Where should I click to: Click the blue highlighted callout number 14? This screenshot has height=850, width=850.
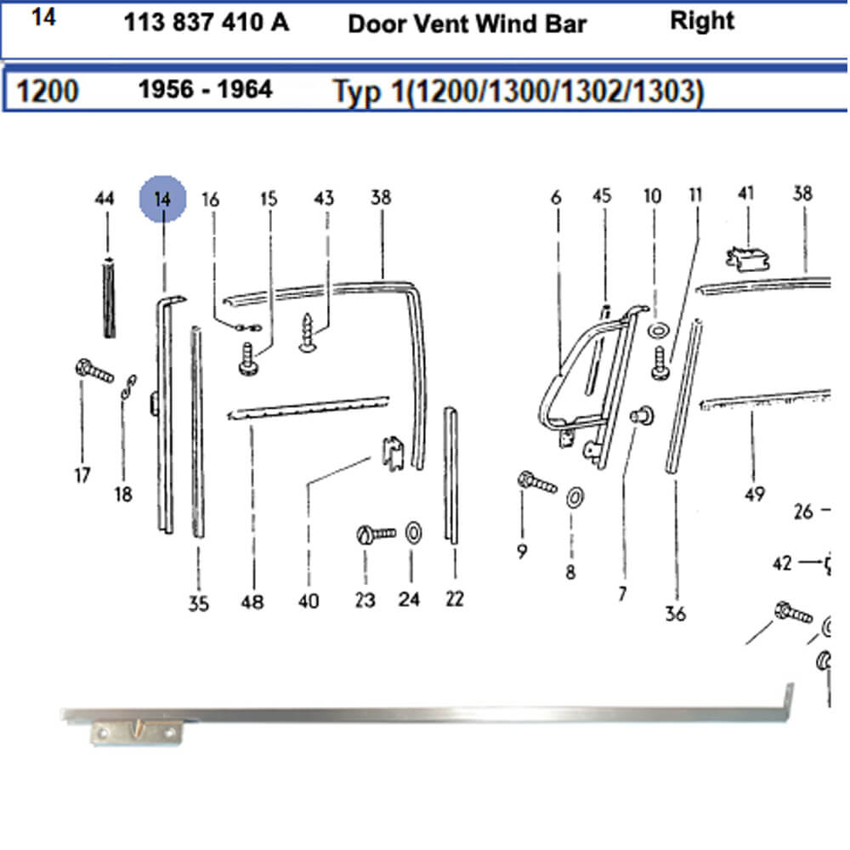162,199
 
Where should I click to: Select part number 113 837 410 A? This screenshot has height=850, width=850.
207,23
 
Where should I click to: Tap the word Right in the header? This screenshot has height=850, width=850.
702,21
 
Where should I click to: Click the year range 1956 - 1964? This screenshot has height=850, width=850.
206,89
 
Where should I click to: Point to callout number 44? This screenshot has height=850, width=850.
105,198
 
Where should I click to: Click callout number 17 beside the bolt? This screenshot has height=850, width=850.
82,475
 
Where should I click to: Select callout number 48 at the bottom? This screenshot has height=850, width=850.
252,602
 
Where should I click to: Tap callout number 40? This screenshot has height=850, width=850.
309,601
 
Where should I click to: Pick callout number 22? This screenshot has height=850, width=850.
454,598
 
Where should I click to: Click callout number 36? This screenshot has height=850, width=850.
676,614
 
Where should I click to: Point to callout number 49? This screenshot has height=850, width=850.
755,494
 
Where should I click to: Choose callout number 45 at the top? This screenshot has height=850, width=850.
602,195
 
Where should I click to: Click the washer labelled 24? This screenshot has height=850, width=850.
413,533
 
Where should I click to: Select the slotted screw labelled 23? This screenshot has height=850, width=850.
377,534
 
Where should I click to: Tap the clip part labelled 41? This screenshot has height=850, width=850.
747,258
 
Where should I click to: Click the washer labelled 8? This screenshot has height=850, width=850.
575,497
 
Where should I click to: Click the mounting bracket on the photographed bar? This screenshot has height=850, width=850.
136,733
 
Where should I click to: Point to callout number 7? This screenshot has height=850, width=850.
622,594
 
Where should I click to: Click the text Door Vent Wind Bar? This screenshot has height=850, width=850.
467,24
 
